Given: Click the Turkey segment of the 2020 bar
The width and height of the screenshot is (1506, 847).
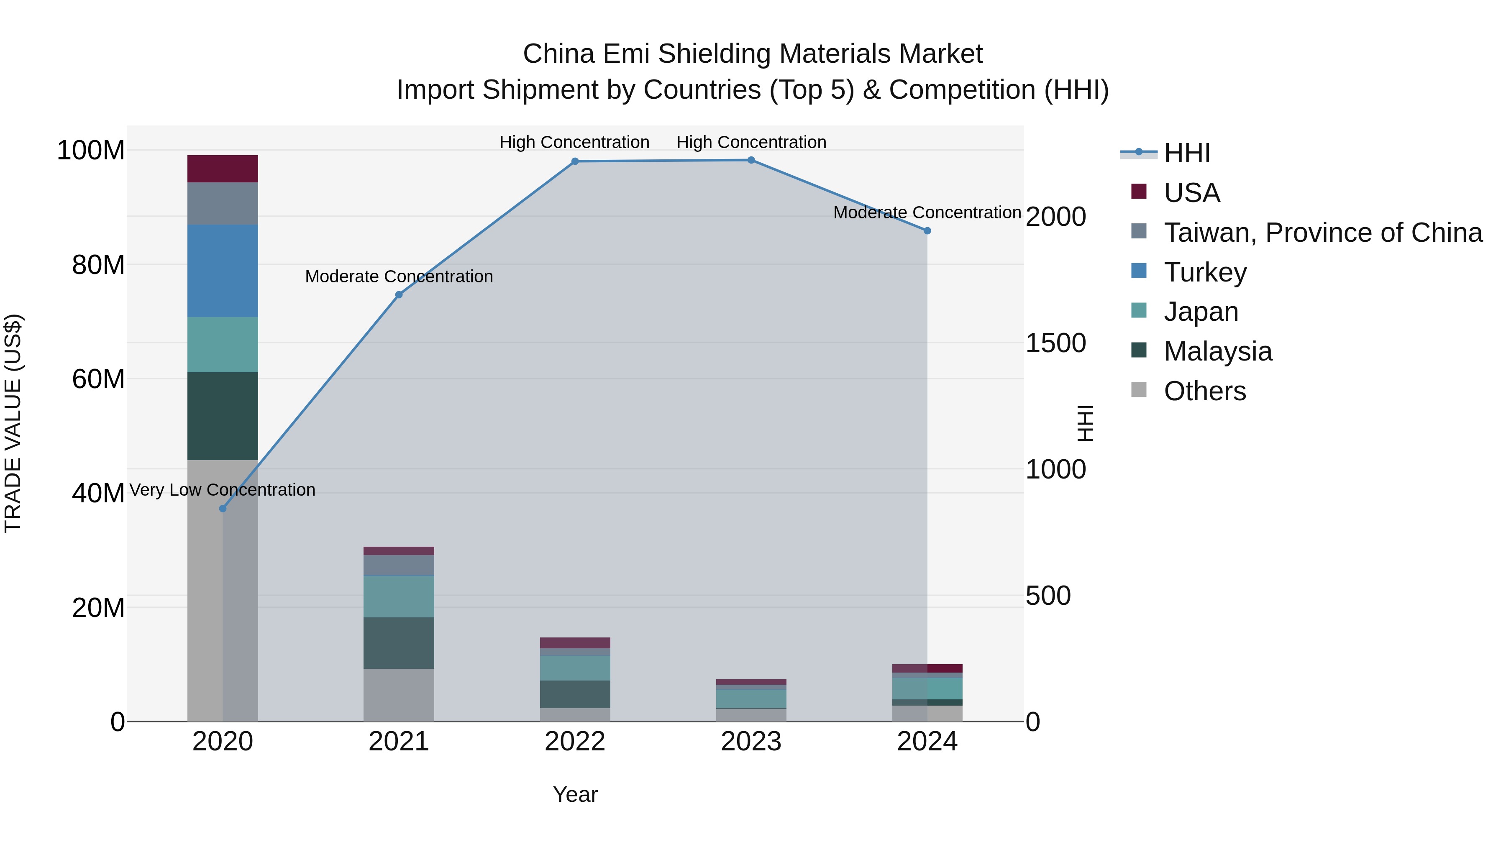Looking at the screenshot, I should tap(222, 271).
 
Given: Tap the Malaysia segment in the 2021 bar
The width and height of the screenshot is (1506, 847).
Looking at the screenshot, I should tap(399, 642).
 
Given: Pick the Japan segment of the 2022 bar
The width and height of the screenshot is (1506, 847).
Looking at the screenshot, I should tap(575, 668).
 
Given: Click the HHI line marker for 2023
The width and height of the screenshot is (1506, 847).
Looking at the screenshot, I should tap(751, 160).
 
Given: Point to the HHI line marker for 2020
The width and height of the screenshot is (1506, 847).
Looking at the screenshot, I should tap(222, 509).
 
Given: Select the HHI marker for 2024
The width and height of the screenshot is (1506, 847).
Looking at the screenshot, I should tap(927, 231).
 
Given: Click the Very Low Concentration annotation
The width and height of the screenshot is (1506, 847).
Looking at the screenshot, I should tap(222, 490).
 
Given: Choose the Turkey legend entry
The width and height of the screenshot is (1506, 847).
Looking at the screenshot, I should tap(1205, 272).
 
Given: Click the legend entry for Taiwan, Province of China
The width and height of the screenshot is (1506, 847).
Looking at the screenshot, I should tap(1322, 233).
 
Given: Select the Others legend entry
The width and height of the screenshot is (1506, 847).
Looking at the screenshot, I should tap(1204, 391).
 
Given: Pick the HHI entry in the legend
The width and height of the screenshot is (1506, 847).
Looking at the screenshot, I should tap(1187, 153).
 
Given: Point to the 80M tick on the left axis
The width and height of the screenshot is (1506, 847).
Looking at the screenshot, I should tap(98, 265).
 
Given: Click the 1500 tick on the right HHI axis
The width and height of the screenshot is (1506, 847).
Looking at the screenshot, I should tap(1056, 343).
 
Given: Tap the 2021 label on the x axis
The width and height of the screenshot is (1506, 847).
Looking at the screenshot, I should tap(399, 742).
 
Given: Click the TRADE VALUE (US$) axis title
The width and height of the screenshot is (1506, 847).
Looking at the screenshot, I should tap(13, 423).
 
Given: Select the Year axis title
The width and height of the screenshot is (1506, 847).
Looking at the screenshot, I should tap(575, 794).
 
